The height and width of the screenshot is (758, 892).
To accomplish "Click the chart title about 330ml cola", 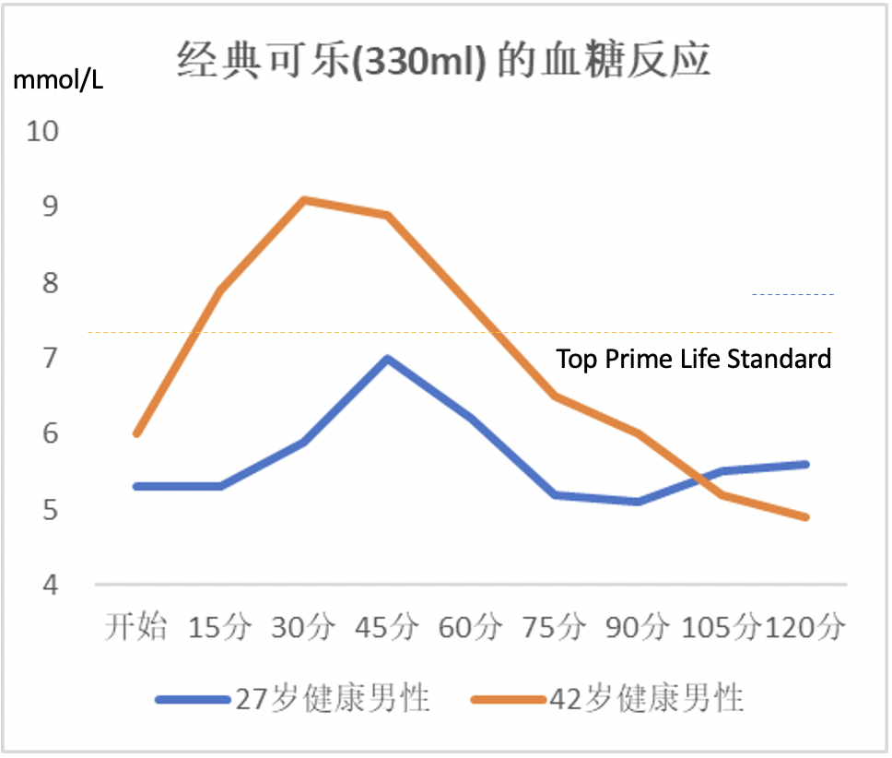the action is (x=443, y=59).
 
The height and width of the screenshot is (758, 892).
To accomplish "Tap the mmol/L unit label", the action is (x=58, y=80).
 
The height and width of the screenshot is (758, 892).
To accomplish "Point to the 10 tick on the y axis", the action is (x=42, y=132).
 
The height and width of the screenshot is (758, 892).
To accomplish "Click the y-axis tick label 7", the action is (x=50, y=358).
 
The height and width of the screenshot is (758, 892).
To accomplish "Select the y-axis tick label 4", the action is (x=50, y=585).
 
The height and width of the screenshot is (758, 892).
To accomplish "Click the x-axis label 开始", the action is (x=135, y=626).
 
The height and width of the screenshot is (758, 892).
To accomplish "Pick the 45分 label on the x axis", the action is (x=387, y=626).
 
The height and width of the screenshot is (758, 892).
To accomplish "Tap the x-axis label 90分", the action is (x=638, y=626).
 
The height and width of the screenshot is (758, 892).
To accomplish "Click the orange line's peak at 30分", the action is (x=304, y=200).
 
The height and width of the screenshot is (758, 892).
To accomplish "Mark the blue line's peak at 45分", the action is (x=387, y=359).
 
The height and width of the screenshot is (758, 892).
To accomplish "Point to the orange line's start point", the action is (x=136, y=433).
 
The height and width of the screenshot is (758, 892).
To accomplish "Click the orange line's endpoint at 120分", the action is (x=805, y=517).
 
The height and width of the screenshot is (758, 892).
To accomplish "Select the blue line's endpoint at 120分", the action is (x=805, y=465).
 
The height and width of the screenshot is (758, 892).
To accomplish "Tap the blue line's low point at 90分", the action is (x=638, y=502).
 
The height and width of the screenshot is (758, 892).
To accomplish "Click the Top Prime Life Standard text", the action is (x=694, y=359).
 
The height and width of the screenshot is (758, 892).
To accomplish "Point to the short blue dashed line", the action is (x=793, y=295).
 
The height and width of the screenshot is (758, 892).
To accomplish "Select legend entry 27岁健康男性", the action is (x=292, y=698).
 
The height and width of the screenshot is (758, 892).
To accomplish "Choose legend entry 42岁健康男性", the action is (x=607, y=698).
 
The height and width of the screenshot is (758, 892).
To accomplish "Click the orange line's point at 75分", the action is (x=555, y=396).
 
